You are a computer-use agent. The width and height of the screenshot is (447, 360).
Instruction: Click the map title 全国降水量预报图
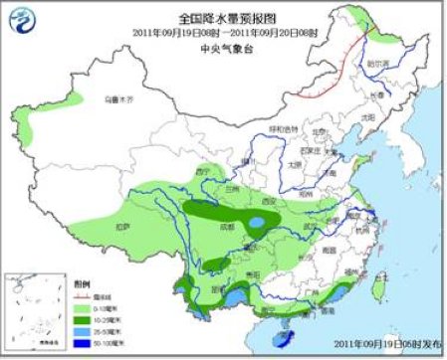pos(224,17)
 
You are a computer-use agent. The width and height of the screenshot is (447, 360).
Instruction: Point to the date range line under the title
pos(224,31)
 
